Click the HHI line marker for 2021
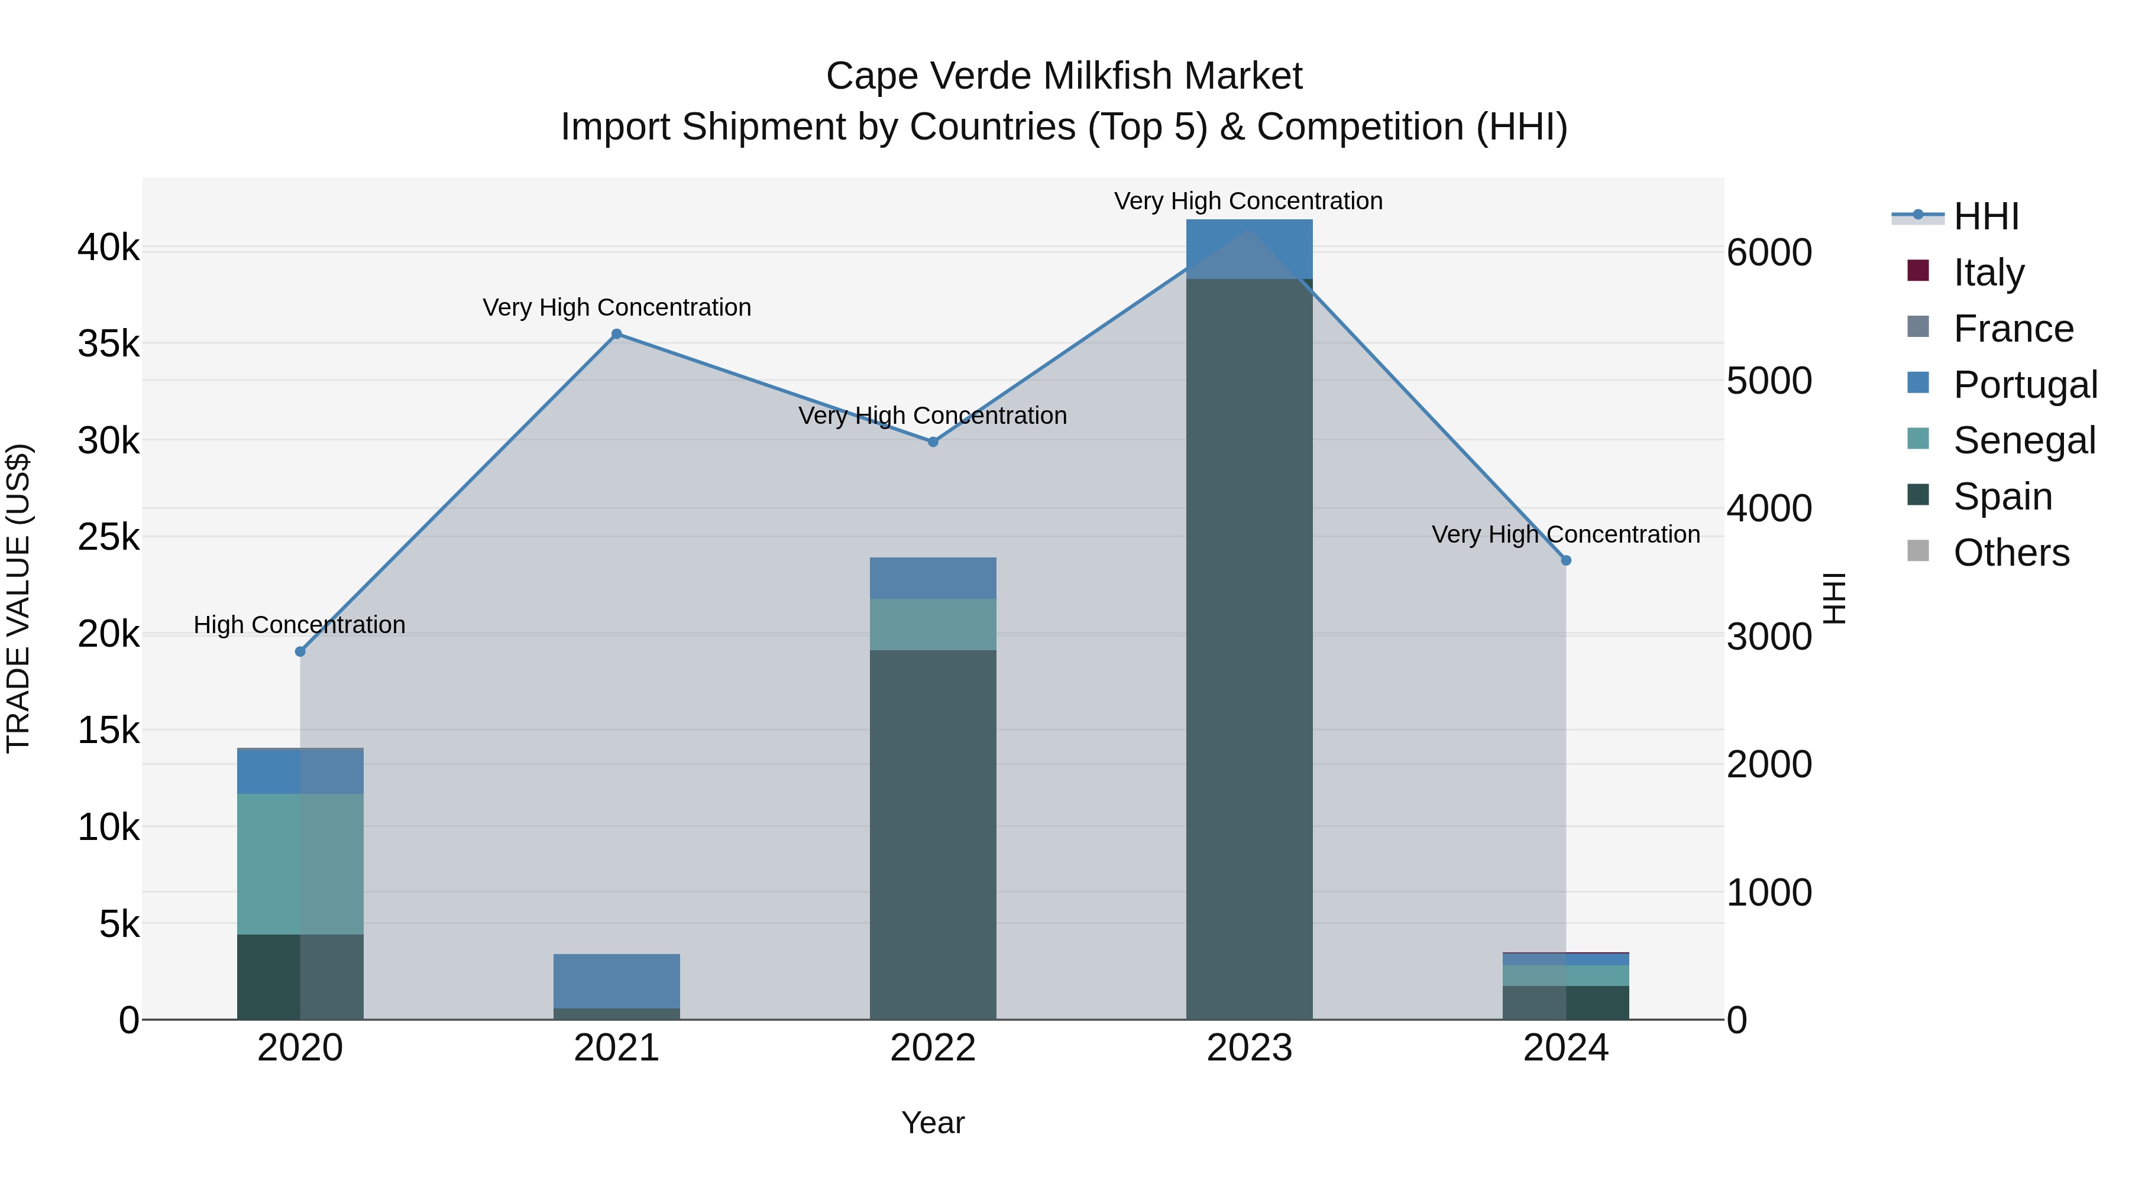pyautogui.click(x=617, y=334)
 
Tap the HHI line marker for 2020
pyautogui.click(x=300, y=652)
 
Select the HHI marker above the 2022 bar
pyautogui.click(x=933, y=442)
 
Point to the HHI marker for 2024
pyautogui.click(x=1565, y=560)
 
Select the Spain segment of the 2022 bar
pyautogui.click(x=933, y=834)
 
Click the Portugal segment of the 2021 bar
pyautogui.click(x=617, y=981)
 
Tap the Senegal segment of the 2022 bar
pyautogui.click(x=933, y=625)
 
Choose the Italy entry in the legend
pyautogui.click(x=1988, y=273)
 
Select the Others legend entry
pyautogui.click(x=2010, y=553)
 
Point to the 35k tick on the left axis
pyautogui.click(x=108, y=343)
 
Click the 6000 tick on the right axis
pyautogui.click(x=1769, y=253)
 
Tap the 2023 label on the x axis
pyautogui.click(x=1249, y=1048)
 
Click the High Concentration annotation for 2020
pyautogui.click(x=299, y=625)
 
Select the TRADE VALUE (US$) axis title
pyautogui.click(x=18, y=598)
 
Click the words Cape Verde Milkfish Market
pyautogui.click(x=1064, y=76)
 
